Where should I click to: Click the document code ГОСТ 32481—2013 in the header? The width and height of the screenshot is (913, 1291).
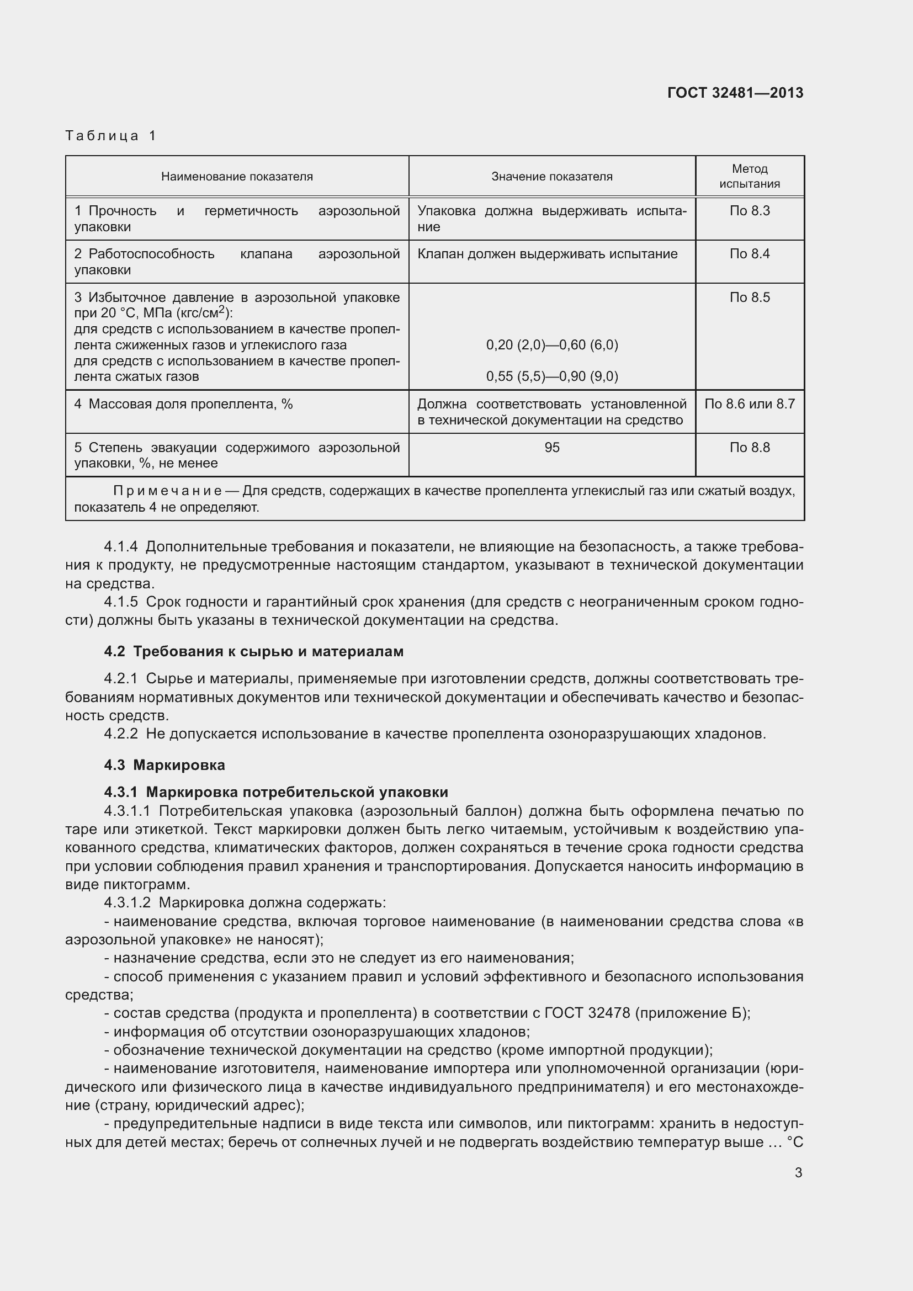(x=735, y=93)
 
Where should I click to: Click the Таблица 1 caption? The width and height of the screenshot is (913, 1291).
(x=111, y=136)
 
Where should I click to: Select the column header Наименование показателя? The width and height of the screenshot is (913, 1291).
(x=237, y=177)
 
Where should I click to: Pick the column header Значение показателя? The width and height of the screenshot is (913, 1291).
(x=551, y=177)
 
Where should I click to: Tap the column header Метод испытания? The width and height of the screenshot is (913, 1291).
(x=750, y=176)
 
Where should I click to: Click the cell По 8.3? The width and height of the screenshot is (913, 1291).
(x=750, y=211)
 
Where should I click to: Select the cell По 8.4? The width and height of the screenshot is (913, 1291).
(x=750, y=254)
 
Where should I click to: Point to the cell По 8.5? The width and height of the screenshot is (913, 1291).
(x=750, y=297)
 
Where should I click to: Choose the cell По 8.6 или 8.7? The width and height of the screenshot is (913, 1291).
(x=750, y=403)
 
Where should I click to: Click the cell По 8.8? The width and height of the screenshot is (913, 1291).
(x=750, y=448)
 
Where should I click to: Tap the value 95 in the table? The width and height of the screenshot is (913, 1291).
(x=551, y=448)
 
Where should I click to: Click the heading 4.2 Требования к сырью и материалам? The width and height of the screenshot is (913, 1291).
(x=253, y=652)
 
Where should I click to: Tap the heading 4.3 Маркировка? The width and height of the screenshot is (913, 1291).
(x=164, y=764)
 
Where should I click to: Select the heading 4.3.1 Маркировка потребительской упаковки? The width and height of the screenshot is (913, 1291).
(x=275, y=792)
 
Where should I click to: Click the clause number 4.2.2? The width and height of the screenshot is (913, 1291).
(x=121, y=734)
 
